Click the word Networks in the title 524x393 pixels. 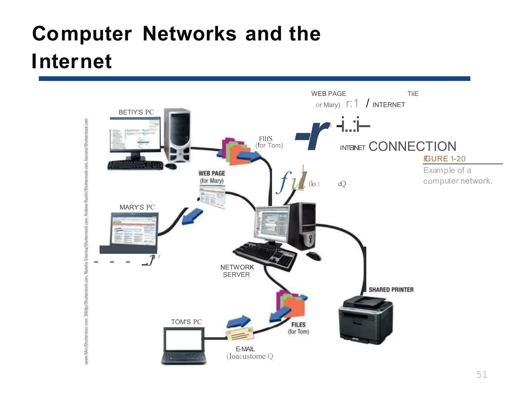tap(189, 34)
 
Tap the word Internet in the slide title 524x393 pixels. tap(72, 61)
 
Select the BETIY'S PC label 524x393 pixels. tap(136, 112)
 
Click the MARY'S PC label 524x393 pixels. tap(137, 207)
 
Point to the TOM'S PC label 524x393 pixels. tap(186, 322)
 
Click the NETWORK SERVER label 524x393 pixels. tap(237, 271)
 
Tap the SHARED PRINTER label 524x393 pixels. tap(391, 290)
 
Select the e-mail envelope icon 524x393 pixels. tap(239, 334)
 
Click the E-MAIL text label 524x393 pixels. tap(245, 349)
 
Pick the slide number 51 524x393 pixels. tap(482, 375)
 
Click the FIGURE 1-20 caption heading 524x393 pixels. tap(444, 159)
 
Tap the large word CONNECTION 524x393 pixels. tap(412, 147)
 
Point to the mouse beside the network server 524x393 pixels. tap(314, 256)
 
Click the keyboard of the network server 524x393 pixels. tap(265, 256)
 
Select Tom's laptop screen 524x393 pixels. tap(183, 340)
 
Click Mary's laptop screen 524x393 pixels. tap(134, 230)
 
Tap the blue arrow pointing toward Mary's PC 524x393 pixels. tap(192, 216)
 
